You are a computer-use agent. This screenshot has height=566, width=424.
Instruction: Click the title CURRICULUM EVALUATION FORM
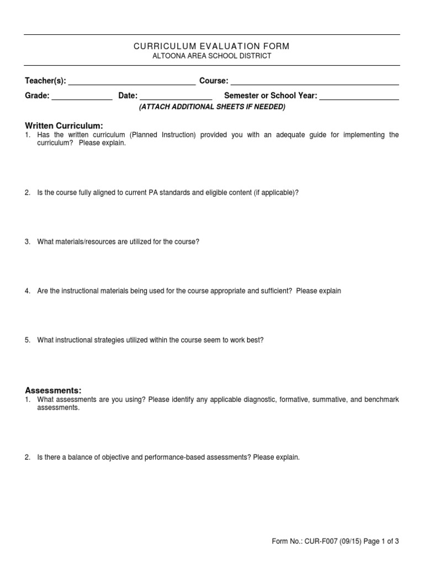tap(211, 46)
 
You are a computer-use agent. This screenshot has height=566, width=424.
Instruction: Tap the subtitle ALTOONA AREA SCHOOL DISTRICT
tap(211, 56)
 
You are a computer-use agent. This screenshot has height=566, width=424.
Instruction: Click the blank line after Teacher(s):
tap(131, 82)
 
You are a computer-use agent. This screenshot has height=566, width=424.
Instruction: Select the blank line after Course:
tap(314, 82)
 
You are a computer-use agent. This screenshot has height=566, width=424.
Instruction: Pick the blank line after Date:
tap(176, 97)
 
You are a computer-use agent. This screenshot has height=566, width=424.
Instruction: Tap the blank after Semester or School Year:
tap(359, 97)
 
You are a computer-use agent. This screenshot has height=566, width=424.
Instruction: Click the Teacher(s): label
tap(45, 81)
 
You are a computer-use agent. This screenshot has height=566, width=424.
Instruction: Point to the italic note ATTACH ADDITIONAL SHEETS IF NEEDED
tap(211, 107)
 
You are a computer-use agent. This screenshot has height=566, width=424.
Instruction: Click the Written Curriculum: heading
tap(64, 126)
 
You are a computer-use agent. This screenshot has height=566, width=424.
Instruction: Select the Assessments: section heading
tap(53, 390)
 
